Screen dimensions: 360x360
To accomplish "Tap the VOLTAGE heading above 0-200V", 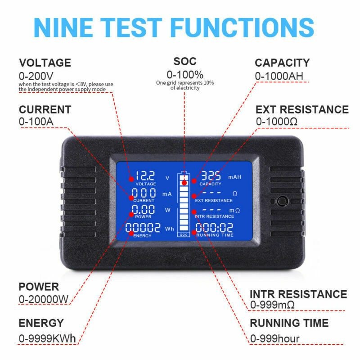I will [x=45, y=63].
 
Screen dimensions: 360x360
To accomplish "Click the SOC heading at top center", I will [x=185, y=61].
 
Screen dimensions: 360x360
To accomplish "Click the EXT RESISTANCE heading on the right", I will [x=302, y=109].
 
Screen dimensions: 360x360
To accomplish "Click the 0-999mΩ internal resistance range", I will [x=272, y=305].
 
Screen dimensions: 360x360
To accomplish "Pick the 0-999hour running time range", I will [x=275, y=338].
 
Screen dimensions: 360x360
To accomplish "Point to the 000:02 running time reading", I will [x=214, y=228].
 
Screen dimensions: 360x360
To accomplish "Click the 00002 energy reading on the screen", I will [x=143, y=228].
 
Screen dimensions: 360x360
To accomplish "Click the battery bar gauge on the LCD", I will [x=184, y=203].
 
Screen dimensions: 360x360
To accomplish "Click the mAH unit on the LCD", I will [x=235, y=177].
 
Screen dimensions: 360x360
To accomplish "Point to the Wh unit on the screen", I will [x=169, y=229].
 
